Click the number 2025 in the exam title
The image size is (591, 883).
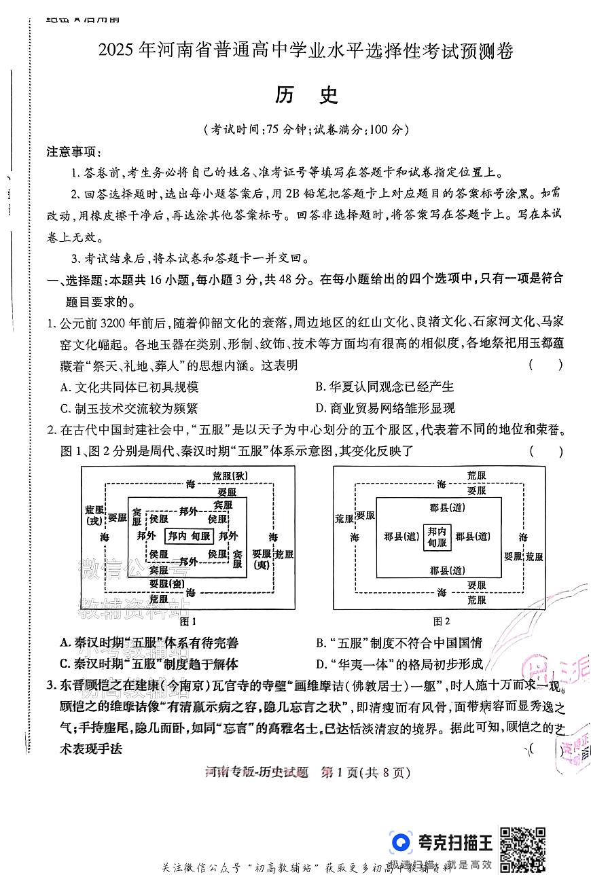tap(117, 51)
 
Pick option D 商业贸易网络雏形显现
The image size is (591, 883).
tap(384, 408)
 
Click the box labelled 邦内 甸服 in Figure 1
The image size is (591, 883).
tap(190, 537)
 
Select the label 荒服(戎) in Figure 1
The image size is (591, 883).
tap(94, 514)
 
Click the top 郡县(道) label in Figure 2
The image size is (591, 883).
tap(442, 507)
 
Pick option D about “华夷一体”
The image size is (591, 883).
tap(399, 664)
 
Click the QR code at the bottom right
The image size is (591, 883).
tap(522, 849)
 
